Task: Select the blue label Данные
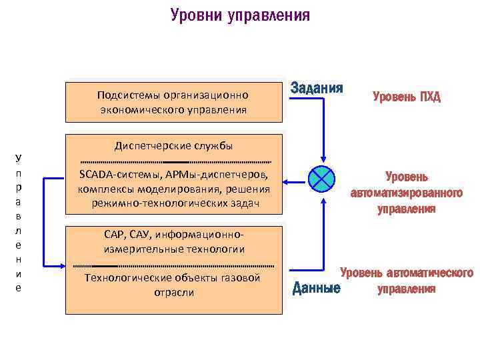pos(317,289)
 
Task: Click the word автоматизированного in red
pos(407,193)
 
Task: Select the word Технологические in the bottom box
pos(128,277)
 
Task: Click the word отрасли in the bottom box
pos(174,292)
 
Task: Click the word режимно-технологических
pos(152,203)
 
